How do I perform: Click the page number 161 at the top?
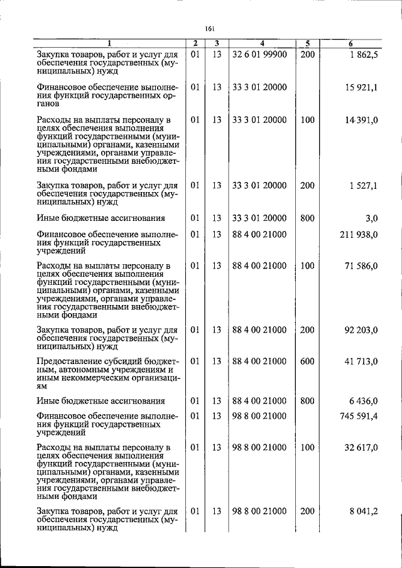point(210,28)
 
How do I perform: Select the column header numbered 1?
point(108,43)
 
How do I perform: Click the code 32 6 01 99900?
point(259,55)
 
